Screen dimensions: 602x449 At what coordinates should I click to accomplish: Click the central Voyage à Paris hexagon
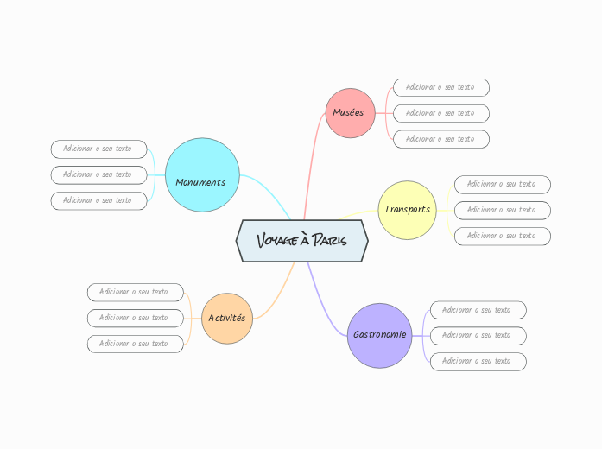pos(302,240)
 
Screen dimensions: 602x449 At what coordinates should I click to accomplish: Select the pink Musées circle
pos(349,112)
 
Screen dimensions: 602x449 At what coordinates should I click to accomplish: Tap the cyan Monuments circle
pos(201,181)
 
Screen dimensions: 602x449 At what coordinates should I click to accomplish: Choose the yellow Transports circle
pos(407,210)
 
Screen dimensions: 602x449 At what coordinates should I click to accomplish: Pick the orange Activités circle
pos(227,318)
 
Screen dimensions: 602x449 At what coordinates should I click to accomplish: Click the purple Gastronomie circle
pos(379,335)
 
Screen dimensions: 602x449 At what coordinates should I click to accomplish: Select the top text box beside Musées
pos(441,87)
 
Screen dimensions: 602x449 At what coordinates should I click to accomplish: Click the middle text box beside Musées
pos(441,113)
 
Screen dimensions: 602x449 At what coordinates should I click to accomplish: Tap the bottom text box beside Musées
pos(441,139)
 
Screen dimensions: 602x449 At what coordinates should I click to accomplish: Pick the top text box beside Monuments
pos(98,149)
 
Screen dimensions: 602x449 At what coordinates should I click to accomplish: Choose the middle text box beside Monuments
pos(98,174)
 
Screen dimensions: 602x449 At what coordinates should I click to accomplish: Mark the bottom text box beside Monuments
pos(98,200)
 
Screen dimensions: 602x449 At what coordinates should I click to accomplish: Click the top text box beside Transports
pos(503,184)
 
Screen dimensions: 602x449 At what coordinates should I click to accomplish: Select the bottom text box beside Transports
pos(503,236)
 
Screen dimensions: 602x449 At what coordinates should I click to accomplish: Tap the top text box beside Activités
pos(135,292)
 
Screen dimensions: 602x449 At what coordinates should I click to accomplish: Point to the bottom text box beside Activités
pos(135,344)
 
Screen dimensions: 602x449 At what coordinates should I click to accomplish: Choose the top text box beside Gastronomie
pos(478,309)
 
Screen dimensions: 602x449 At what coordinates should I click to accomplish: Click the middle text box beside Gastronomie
pos(478,335)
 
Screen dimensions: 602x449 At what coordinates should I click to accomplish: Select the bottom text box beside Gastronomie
pos(478,361)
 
